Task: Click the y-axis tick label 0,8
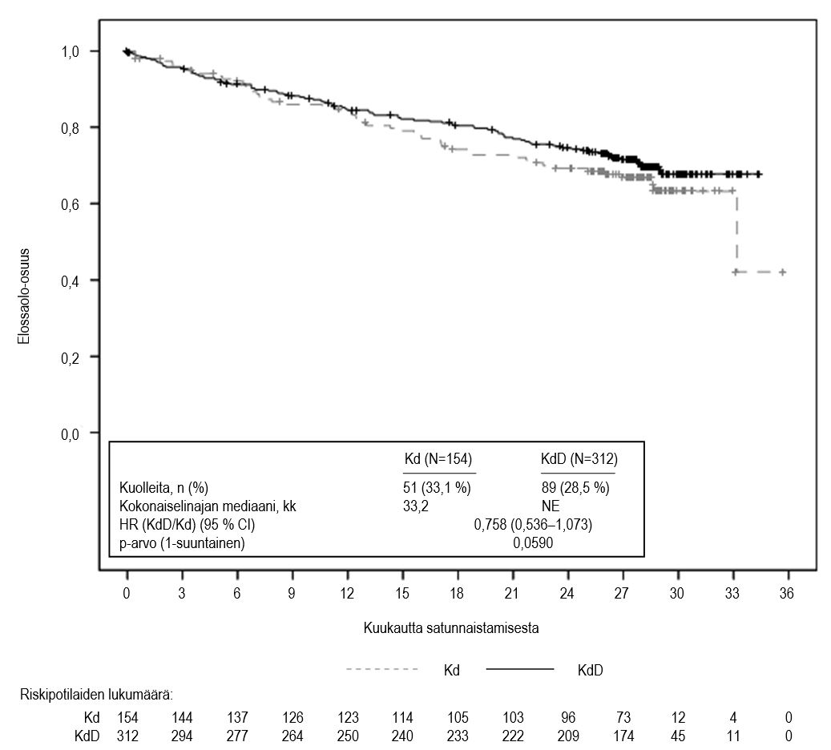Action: [x=76, y=127]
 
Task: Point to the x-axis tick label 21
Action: [x=513, y=594]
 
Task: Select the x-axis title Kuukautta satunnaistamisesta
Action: [x=450, y=628]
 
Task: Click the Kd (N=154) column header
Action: [x=438, y=459]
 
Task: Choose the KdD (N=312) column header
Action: [x=579, y=459]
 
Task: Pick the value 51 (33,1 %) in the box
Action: [x=436, y=488]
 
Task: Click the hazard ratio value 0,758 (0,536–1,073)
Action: [x=533, y=525]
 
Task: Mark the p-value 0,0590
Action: [x=533, y=543]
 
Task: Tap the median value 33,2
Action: [x=414, y=506]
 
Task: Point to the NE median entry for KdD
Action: [x=551, y=506]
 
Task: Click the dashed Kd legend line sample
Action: [x=381, y=669]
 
